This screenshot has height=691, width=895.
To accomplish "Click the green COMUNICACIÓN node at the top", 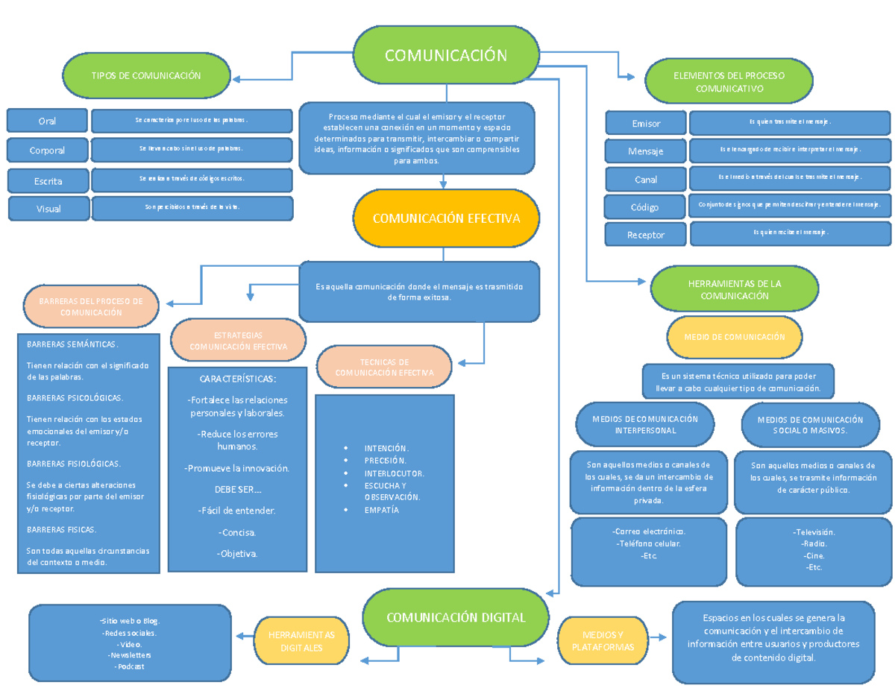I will tap(446, 55).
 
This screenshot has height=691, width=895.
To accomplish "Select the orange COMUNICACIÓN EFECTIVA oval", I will tap(446, 218).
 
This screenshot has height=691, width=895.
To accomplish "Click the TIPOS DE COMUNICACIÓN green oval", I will tap(146, 76).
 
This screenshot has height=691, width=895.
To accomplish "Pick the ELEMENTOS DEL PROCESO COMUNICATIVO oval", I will tap(729, 82).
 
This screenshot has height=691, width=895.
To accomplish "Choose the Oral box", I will tap(47, 121).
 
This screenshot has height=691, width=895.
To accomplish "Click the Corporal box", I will tap(47, 150).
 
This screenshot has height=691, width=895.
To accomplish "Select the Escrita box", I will tap(48, 180).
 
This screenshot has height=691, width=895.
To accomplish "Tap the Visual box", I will tap(48, 209).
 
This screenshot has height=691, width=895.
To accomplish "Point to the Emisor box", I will tap(646, 123).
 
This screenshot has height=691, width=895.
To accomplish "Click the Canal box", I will tap(646, 180).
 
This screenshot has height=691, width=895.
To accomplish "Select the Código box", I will tap(646, 206).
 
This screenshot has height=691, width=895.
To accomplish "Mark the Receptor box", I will tap(646, 234).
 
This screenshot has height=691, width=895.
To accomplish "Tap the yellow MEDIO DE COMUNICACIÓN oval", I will tap(734, 337).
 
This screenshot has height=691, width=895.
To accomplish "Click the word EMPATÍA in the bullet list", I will tap(381, 510).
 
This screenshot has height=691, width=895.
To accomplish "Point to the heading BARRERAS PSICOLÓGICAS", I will tap(75, 397).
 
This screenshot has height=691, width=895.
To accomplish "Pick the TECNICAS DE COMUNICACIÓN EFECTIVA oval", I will tap(384, 367).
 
